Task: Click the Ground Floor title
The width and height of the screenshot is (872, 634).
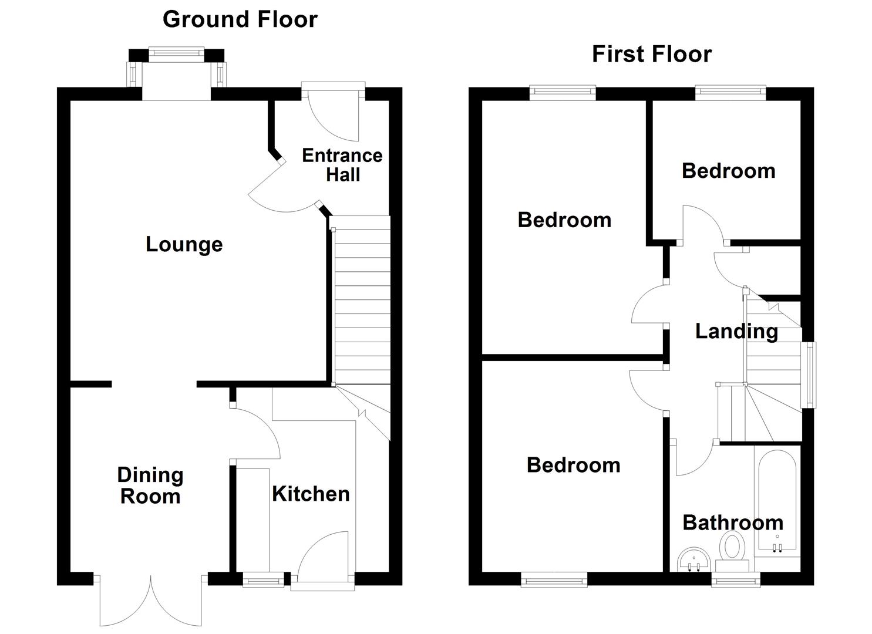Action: click(240, 19)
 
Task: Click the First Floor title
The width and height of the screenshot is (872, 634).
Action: click(651, 54)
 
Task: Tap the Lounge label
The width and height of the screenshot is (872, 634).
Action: click(184, 244)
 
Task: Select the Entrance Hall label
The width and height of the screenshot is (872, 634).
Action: click(342, 165)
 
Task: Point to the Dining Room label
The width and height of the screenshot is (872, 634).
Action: click(150, 485)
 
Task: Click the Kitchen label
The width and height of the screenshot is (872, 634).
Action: click(311, 494)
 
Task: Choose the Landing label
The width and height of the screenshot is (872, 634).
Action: click(736, 331)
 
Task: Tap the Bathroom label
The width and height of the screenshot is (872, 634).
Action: click(732, 522)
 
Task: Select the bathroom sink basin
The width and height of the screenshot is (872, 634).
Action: click(693, 559)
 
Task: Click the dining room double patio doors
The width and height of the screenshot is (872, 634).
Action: click(150, 602)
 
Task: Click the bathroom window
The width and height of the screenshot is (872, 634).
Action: click(736, 580)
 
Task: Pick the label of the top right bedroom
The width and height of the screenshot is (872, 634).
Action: click(728, 171)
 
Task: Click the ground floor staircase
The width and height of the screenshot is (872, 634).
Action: click(361, 305)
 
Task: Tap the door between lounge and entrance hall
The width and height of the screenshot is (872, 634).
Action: click(279, 191)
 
